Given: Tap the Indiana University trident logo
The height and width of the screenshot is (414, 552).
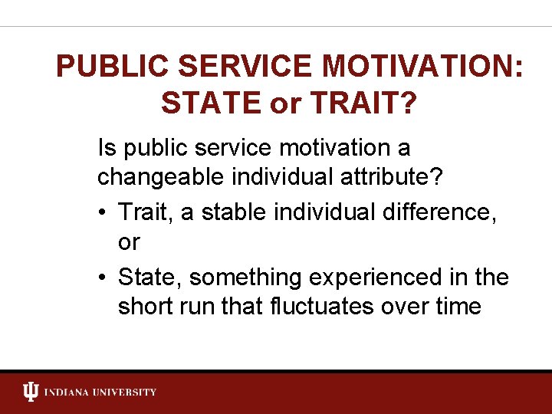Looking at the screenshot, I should pos(30,393).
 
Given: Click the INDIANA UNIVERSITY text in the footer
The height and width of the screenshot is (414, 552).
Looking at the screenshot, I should pos(100,393).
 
